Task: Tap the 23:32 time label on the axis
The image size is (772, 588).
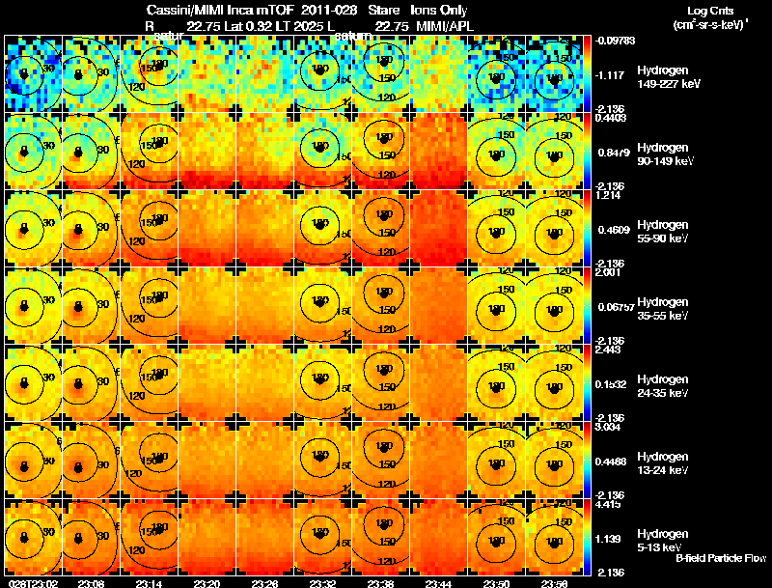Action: (322, 583)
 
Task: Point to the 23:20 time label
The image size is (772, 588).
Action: (207, 583)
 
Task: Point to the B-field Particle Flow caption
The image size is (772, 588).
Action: (721, 558)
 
